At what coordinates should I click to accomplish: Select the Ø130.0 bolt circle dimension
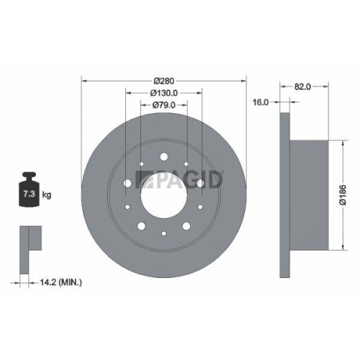pos(164,93)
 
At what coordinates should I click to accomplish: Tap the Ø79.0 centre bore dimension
pos(164,105)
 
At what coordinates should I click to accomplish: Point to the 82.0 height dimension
pos(302,86)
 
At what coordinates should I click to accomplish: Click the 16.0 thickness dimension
pos(261,103)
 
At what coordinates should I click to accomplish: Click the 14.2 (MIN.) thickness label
pos(60,283)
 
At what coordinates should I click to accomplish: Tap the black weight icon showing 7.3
pos(29,191)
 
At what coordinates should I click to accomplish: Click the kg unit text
pos(46,195)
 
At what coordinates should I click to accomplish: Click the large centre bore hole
pos(164,194)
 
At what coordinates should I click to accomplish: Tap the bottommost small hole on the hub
pos(164,235)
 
